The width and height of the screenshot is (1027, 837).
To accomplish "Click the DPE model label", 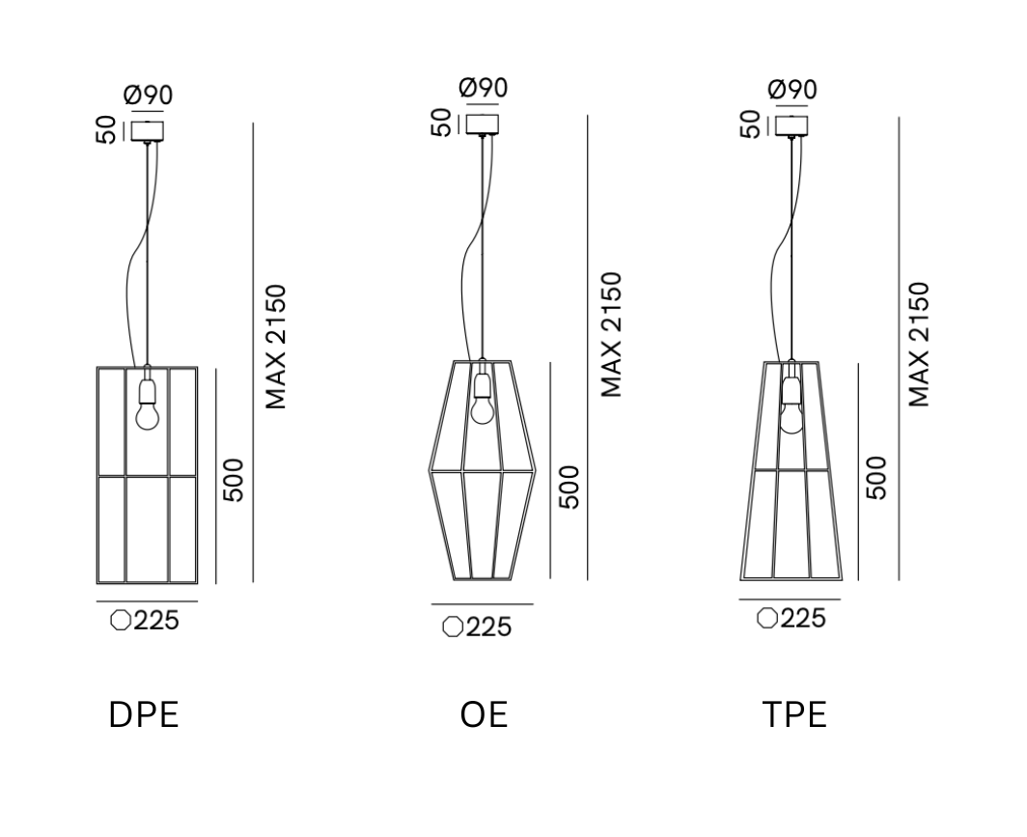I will (144, 715).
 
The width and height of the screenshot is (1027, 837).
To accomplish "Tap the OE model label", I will (484, 715).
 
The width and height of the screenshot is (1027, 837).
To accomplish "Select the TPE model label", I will (793, 715).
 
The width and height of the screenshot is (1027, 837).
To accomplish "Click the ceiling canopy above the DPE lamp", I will (148, 130).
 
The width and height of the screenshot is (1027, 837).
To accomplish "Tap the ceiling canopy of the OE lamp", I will (482, 125).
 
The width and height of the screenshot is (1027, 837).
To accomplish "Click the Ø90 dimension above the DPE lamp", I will (148, 97).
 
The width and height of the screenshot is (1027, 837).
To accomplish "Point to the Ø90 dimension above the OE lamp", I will (483, 88).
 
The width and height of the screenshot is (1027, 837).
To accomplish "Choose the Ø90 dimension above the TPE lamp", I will (791, 90).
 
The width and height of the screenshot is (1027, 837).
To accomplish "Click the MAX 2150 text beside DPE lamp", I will (277, 347).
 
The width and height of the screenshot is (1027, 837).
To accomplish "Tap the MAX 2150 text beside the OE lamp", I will (611, 335).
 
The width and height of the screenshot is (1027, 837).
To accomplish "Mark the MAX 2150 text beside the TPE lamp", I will (919, 345).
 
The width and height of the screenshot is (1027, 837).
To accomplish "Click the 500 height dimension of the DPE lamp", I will (235, 480).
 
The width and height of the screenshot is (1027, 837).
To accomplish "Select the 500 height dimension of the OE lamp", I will (569, 488).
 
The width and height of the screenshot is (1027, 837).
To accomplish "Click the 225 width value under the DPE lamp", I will (156, 621).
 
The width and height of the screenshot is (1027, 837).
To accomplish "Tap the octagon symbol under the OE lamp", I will (451, 628).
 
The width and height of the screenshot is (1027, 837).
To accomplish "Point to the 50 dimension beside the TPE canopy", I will (750, 124).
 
